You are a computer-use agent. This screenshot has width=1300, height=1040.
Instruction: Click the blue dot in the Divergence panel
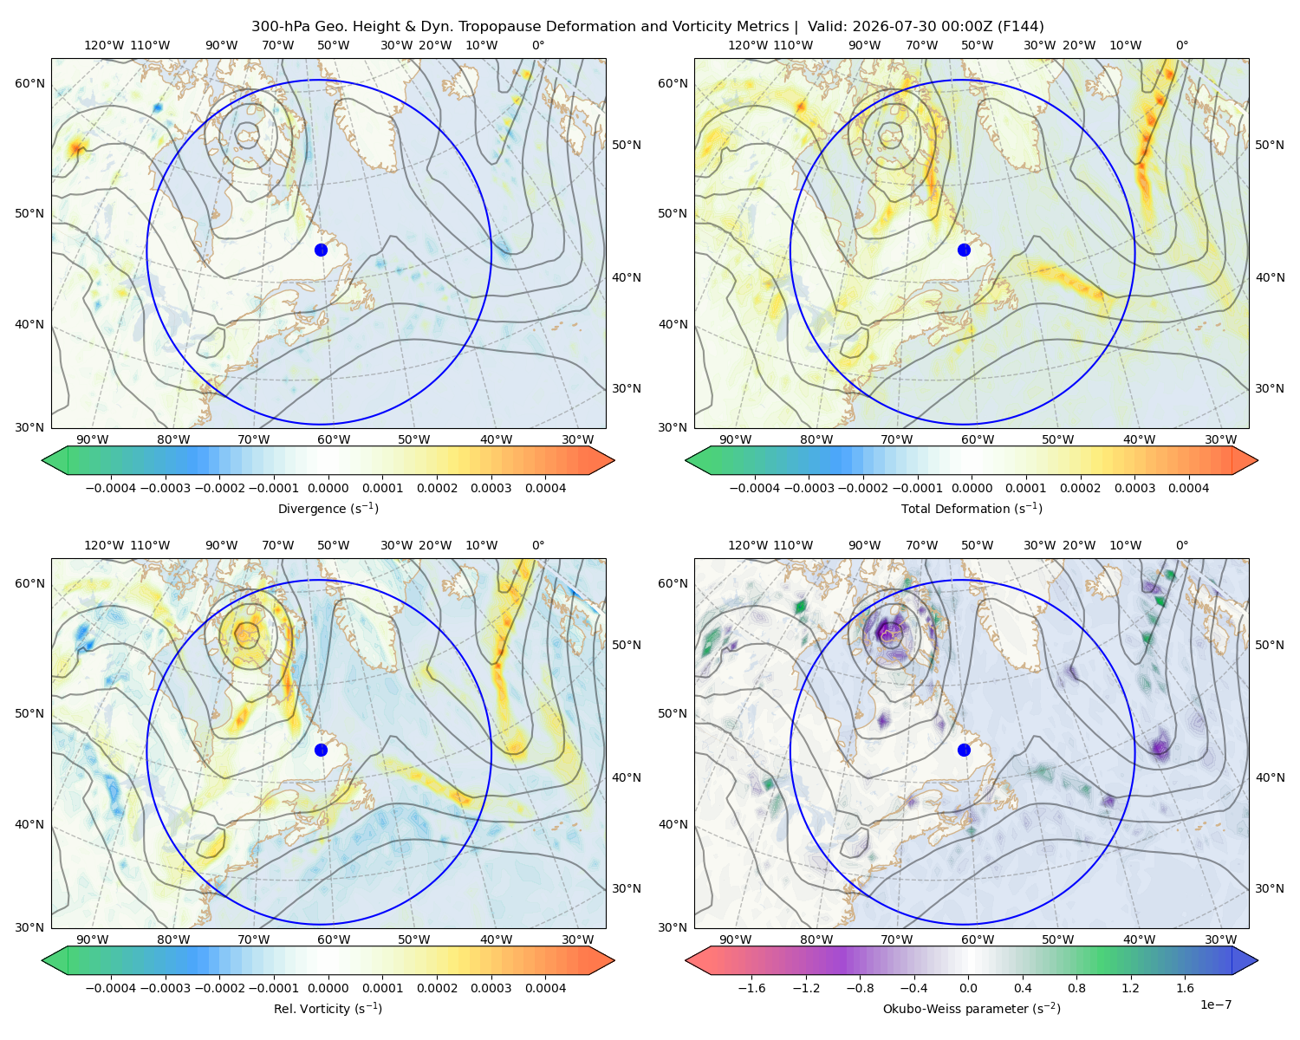pos(321,250)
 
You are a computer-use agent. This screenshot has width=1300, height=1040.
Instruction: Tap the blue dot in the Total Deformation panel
pos(964,250)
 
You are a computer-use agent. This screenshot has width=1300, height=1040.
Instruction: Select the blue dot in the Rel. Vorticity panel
pos(321,750)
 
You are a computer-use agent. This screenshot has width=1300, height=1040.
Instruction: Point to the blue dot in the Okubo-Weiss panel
pos(964,750)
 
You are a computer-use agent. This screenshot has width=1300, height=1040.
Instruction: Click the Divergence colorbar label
pos(328,508)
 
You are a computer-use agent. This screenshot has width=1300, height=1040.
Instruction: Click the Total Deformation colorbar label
pos(972,508)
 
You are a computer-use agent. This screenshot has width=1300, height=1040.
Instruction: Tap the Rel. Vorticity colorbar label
pos(328,1008)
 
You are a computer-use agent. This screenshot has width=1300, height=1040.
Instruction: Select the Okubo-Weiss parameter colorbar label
pos(972,1008)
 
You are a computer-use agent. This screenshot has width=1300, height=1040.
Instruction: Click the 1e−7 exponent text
pos(1215,1004)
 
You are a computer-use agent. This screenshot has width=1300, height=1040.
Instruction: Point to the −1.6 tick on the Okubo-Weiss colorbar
pos(751,987)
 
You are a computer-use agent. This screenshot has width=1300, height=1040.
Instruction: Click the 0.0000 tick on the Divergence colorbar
pos(328,488)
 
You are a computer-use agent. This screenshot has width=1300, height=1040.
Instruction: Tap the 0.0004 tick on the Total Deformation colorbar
pos(1188,488)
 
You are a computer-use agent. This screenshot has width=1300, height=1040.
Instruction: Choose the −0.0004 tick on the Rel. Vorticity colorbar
pos(111,987)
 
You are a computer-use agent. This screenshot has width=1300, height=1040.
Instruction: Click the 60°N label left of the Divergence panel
pos(29,83)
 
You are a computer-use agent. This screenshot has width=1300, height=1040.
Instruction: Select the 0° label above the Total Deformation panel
pos(1181,45)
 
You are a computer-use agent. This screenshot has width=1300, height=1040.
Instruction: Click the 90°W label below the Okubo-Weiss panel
pos(735,939)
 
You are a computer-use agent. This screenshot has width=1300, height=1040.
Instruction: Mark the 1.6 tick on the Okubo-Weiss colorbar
pos(1185,987)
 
